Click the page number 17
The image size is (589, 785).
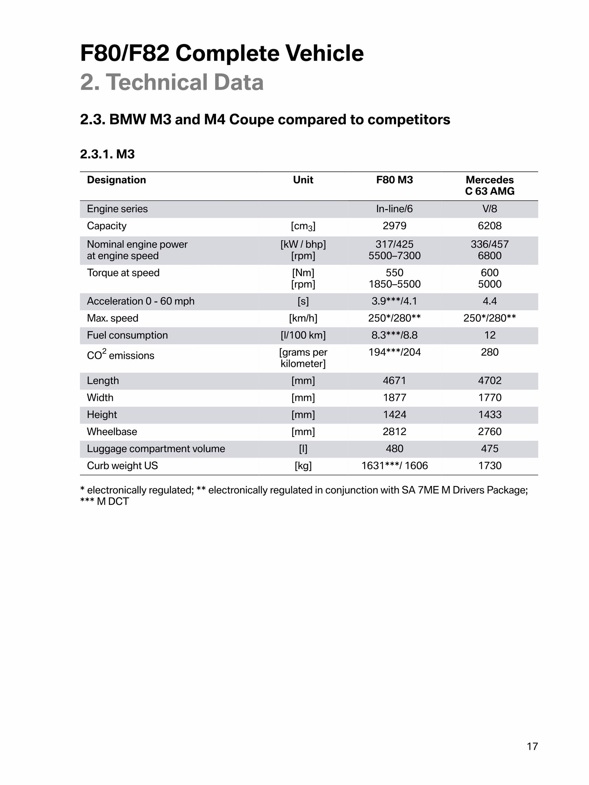click(x=532, y=746)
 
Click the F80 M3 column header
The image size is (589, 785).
click(x=394, y=180)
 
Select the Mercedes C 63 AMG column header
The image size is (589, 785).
click(x=490, y=186)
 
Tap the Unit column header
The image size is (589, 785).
click(x=303, y=180)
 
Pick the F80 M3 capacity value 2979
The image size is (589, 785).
click(x=394, y=226)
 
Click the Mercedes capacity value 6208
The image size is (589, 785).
click(x=490, y=226)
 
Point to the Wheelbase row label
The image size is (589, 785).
click(x=112, y=432)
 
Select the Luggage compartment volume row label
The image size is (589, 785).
click(x=156, y=448)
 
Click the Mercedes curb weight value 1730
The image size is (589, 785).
click(x=490, y=466)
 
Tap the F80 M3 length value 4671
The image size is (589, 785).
click(x=394, y=381)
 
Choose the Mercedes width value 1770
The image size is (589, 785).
click(x=490, y=397)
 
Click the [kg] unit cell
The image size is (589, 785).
click(x=303, y=466)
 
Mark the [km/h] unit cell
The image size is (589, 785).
click(x=303, y=318)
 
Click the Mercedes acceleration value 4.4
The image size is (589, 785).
click(x=490, y=301)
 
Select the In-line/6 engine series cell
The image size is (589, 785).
click(x=394, y=209)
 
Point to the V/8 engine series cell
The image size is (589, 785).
click(x=490, y=209)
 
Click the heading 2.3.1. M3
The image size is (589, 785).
click(x=107, y=154)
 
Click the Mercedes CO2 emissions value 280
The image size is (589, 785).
click(x=490, y=352)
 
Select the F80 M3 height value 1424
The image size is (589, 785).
click(x=394, y=415)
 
